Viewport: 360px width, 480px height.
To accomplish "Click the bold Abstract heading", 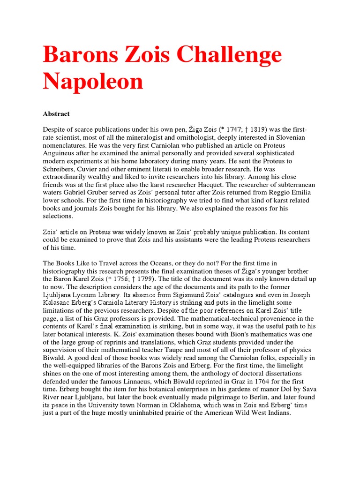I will (x=56, y=114).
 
